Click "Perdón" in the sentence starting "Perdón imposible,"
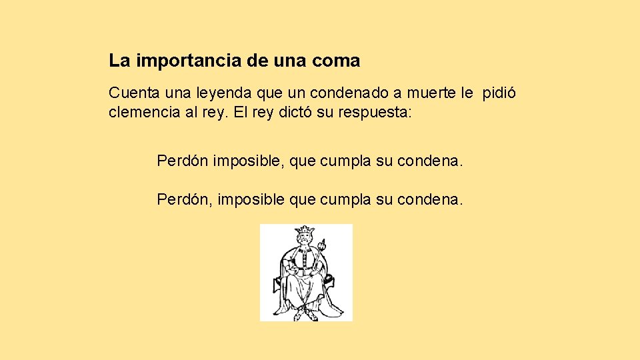click(x=183, y=161)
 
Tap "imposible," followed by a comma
click(x=251, y=161)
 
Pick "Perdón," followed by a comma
click(x=185, y=199)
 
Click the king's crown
click(x=305, y=231)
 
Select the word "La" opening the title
click(x=119, y=61)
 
